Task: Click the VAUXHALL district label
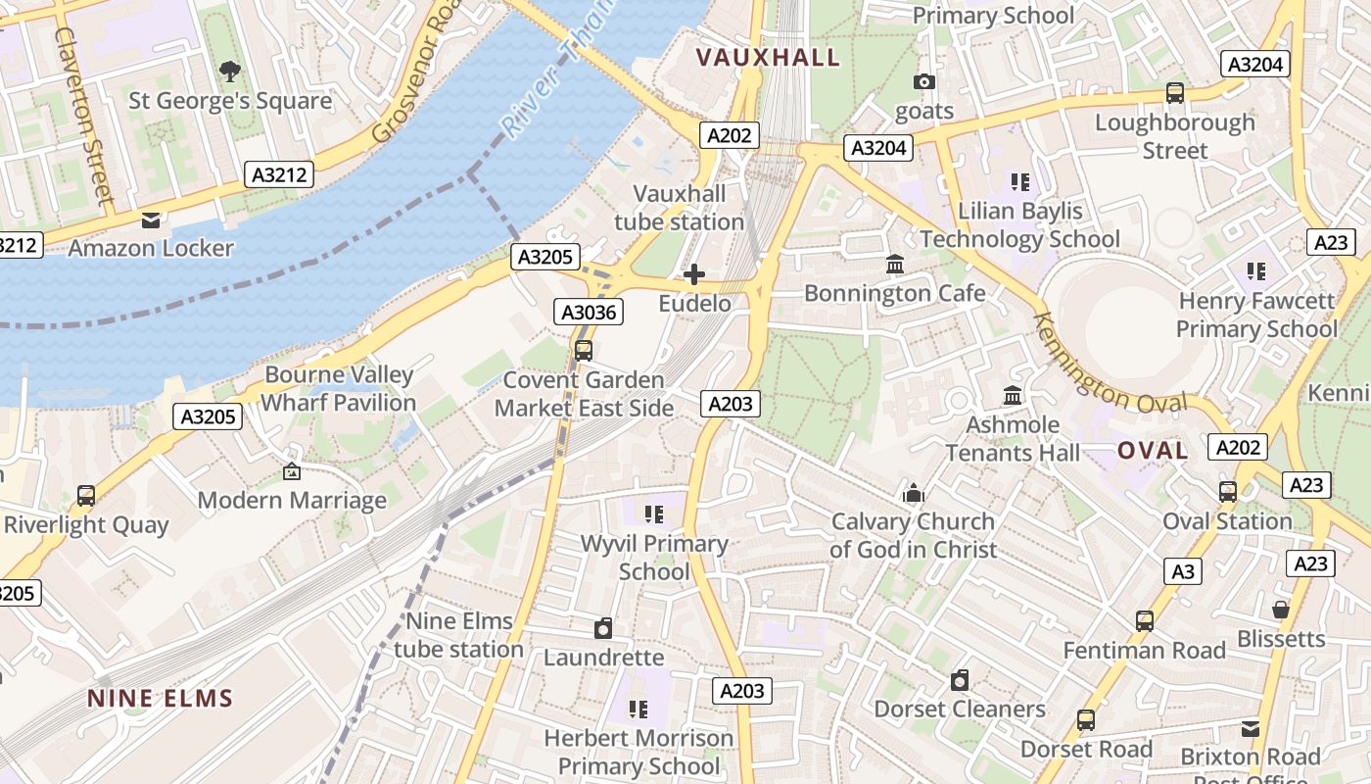tap(768, 58)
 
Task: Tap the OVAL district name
tap(1153, 451)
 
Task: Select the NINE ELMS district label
tap(161, 699)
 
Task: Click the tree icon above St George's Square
tap(230, 71)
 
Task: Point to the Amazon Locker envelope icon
tap(151, 220)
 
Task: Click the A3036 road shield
tap(589, 313)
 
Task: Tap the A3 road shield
tap(1184, 571)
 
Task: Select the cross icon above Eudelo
tap(694, 274)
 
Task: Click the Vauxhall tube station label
tap(680, 208)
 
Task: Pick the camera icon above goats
tap(923, 81)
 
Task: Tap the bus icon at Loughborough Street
tap(1174, 93)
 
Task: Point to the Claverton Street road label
tap(84, 113)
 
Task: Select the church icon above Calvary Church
tap(914, 493)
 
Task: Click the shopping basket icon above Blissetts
tap(1280, 610)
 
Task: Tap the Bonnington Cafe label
tap(894, 293)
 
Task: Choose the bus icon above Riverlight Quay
tap(86, 496)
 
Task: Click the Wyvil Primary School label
tap(654, 557)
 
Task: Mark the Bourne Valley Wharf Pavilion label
tap(339, 388)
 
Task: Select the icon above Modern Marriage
tap(291, 472)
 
